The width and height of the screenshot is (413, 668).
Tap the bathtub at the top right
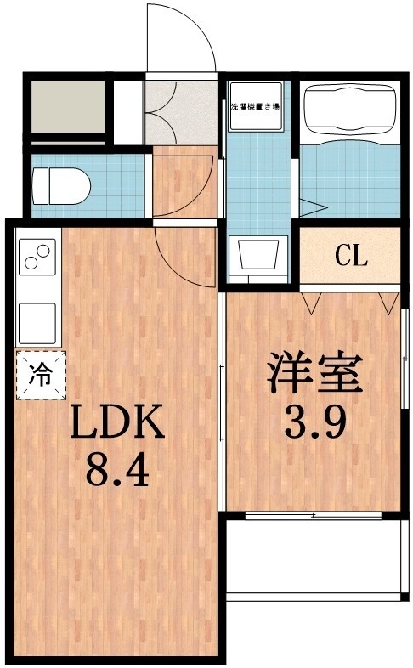(348, 110)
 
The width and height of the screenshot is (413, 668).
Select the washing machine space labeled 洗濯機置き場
(257, 108)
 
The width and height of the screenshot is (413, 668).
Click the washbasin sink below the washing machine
(260, 254)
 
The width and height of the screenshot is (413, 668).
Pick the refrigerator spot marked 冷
(40, 375)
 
